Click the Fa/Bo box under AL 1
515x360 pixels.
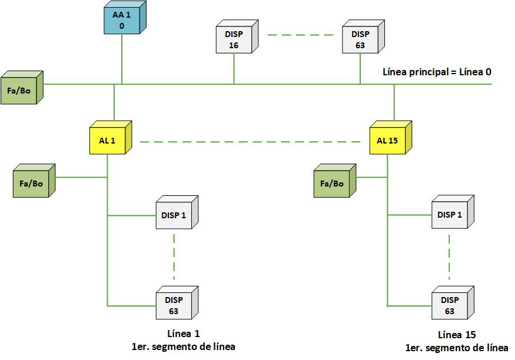tap(32, 183)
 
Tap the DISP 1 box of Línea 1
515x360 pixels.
tap(174, 216)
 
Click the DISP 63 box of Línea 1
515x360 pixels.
tap(174, 305)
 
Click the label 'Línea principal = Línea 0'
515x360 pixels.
tap(437, 72)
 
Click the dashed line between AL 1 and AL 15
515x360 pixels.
tap(250, 142)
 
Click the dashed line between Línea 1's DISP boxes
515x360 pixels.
tap(174, 257)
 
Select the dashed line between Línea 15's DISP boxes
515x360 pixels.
tap(450, 257)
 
